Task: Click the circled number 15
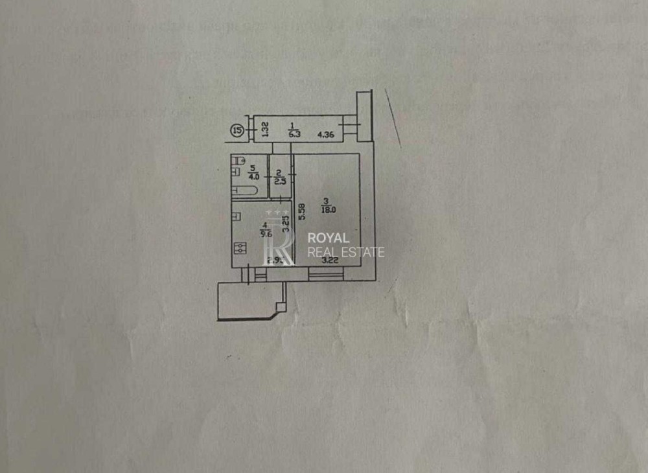238,131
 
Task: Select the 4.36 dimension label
325,135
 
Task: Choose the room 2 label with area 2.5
278,177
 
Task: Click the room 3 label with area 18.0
329,205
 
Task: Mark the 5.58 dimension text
301,214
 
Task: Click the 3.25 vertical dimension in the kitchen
286,224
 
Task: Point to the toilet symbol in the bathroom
238,160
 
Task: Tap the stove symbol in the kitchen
240,249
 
